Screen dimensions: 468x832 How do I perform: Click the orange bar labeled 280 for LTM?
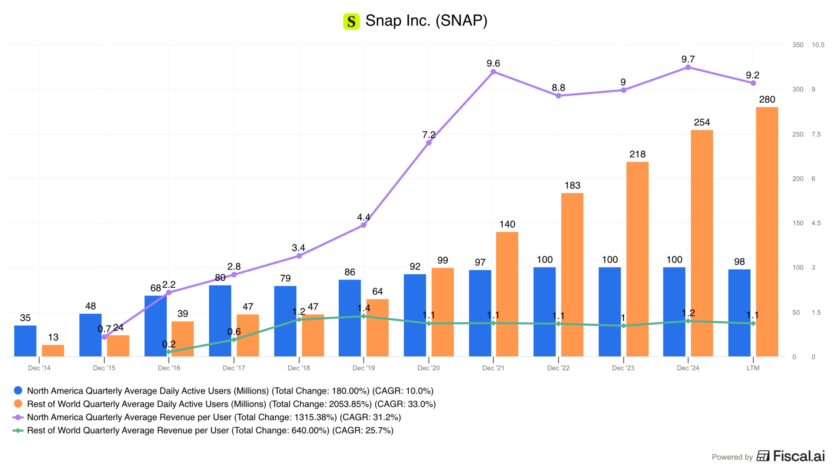click(767, 232)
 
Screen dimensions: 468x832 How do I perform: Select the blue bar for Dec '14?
click(25, 341)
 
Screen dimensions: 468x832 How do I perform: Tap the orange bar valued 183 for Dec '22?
click(572, 275)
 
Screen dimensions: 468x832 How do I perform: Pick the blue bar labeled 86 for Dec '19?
click(350, 318)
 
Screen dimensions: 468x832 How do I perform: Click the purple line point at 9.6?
click(493, 72)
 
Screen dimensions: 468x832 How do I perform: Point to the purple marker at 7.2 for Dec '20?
click(429, 143)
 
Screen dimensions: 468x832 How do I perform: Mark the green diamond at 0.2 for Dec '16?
click(169, 352)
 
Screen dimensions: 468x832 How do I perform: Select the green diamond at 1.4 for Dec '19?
click(364, 316)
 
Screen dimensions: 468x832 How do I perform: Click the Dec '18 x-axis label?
click(299, 368)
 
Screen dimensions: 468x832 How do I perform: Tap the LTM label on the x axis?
click(753, 368)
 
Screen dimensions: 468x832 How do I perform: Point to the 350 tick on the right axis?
click(798, 45)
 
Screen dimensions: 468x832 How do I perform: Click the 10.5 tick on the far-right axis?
click(818, 45)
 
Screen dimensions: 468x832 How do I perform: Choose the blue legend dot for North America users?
click(18, 390)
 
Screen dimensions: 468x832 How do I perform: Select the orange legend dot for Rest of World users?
click(18, 404)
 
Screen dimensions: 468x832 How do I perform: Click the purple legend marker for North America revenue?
click(18, 417)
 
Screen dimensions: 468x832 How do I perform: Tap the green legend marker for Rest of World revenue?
click(18, 430)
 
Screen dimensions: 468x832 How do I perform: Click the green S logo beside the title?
click(351, 21)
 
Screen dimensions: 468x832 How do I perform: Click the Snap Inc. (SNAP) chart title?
click(426, 20)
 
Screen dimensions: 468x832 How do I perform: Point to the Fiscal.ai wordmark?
click(799, 456)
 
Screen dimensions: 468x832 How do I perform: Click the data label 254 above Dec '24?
click(702, 122)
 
